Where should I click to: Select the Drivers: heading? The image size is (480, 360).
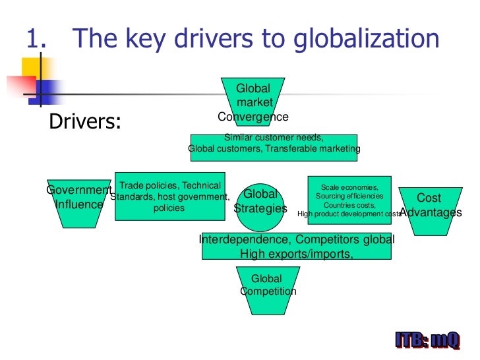pyautogui.click(x=86, y=123)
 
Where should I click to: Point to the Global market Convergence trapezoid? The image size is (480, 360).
pyautogui.click(x=254, y=102)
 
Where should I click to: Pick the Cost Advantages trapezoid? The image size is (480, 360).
pyautogui.click(x=430, y=205)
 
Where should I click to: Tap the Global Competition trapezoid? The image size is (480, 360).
pyautogui.click(x=268, y=285)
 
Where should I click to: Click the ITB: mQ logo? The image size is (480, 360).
pyautogui.click(x=427, y=342)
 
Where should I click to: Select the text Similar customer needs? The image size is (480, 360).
pyautogui.click(x=274, y=138)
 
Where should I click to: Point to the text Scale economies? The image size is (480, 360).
pyautogui.click(x=349, y=187)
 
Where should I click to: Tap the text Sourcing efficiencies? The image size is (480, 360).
pyautogui.click(x=349, y=196)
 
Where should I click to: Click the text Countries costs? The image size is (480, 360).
pyautogui.click(x=349, y=205)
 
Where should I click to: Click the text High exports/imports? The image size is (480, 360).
pyautogui.click(x=297, y=253)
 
